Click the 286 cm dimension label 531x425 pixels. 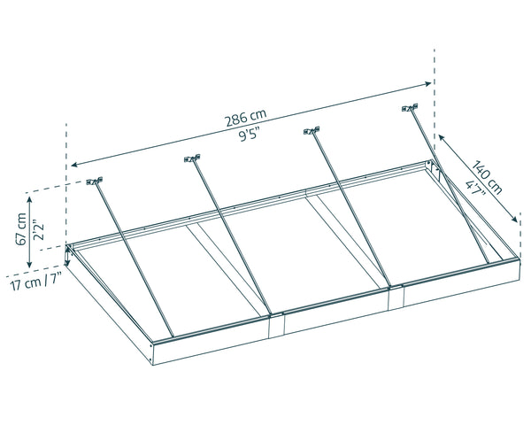(245, 117)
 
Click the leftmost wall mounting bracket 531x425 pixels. (96, 183)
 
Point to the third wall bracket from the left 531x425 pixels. (311, 132)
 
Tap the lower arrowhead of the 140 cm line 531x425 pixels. (517, 220)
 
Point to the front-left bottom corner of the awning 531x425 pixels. (156, 364)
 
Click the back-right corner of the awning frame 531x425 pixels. (433, 164)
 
